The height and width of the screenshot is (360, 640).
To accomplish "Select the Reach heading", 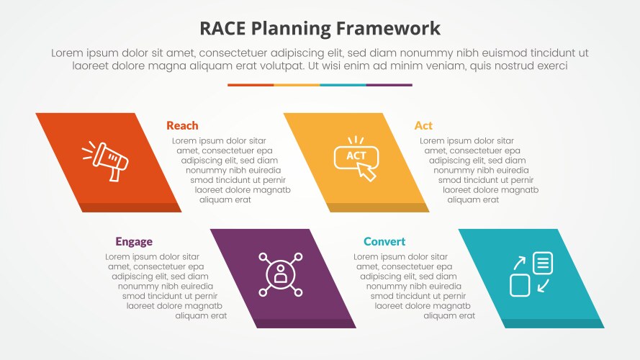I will click(182, 125).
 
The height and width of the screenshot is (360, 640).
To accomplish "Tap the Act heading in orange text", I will click(423, 125).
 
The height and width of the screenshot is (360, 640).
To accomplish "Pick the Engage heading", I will click(134, 242).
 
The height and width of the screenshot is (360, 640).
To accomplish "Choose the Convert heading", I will click(384, 242).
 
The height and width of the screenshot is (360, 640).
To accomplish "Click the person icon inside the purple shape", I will click(281, 274).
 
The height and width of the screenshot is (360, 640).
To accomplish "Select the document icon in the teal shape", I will click(543, 263).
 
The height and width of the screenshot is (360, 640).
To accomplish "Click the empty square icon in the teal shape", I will click(520, 285).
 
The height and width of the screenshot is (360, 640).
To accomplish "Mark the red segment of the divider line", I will click(251, 85).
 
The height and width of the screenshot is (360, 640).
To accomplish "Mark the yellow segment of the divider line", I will click(297, 85).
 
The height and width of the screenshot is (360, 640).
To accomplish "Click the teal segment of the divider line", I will click(343, 85).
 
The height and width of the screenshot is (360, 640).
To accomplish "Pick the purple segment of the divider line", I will click(389, 85).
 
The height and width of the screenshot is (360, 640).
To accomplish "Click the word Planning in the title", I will click(293, 29).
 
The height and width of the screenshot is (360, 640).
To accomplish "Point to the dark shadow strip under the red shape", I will click(130, 207).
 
